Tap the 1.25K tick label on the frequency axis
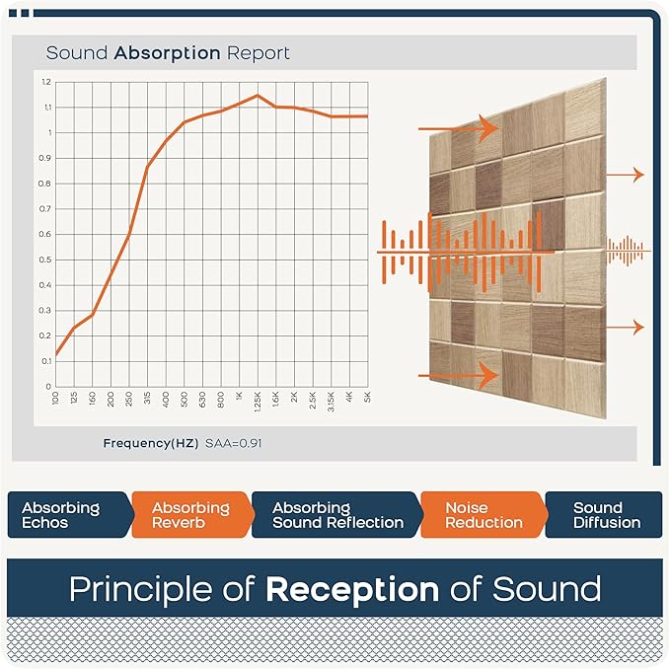tap(258, 402)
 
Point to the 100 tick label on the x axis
tap(55, 399)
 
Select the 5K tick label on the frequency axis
tap(367, 399)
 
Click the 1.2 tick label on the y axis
tap(46, 81)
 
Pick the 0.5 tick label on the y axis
tap(46, 260)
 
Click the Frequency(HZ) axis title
tap(151, 443)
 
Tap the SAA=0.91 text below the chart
tap(233, 443)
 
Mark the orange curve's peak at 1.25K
tap(258, 96)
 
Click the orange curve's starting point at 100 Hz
tap(56, 354)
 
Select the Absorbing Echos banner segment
tap(64, 515)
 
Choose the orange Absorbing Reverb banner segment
tap(189, 515)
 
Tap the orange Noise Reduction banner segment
tap(481, 515)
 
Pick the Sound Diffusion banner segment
tap(606, 515)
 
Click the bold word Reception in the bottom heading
tap(351, 590)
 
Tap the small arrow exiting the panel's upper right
tap(624, 175)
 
